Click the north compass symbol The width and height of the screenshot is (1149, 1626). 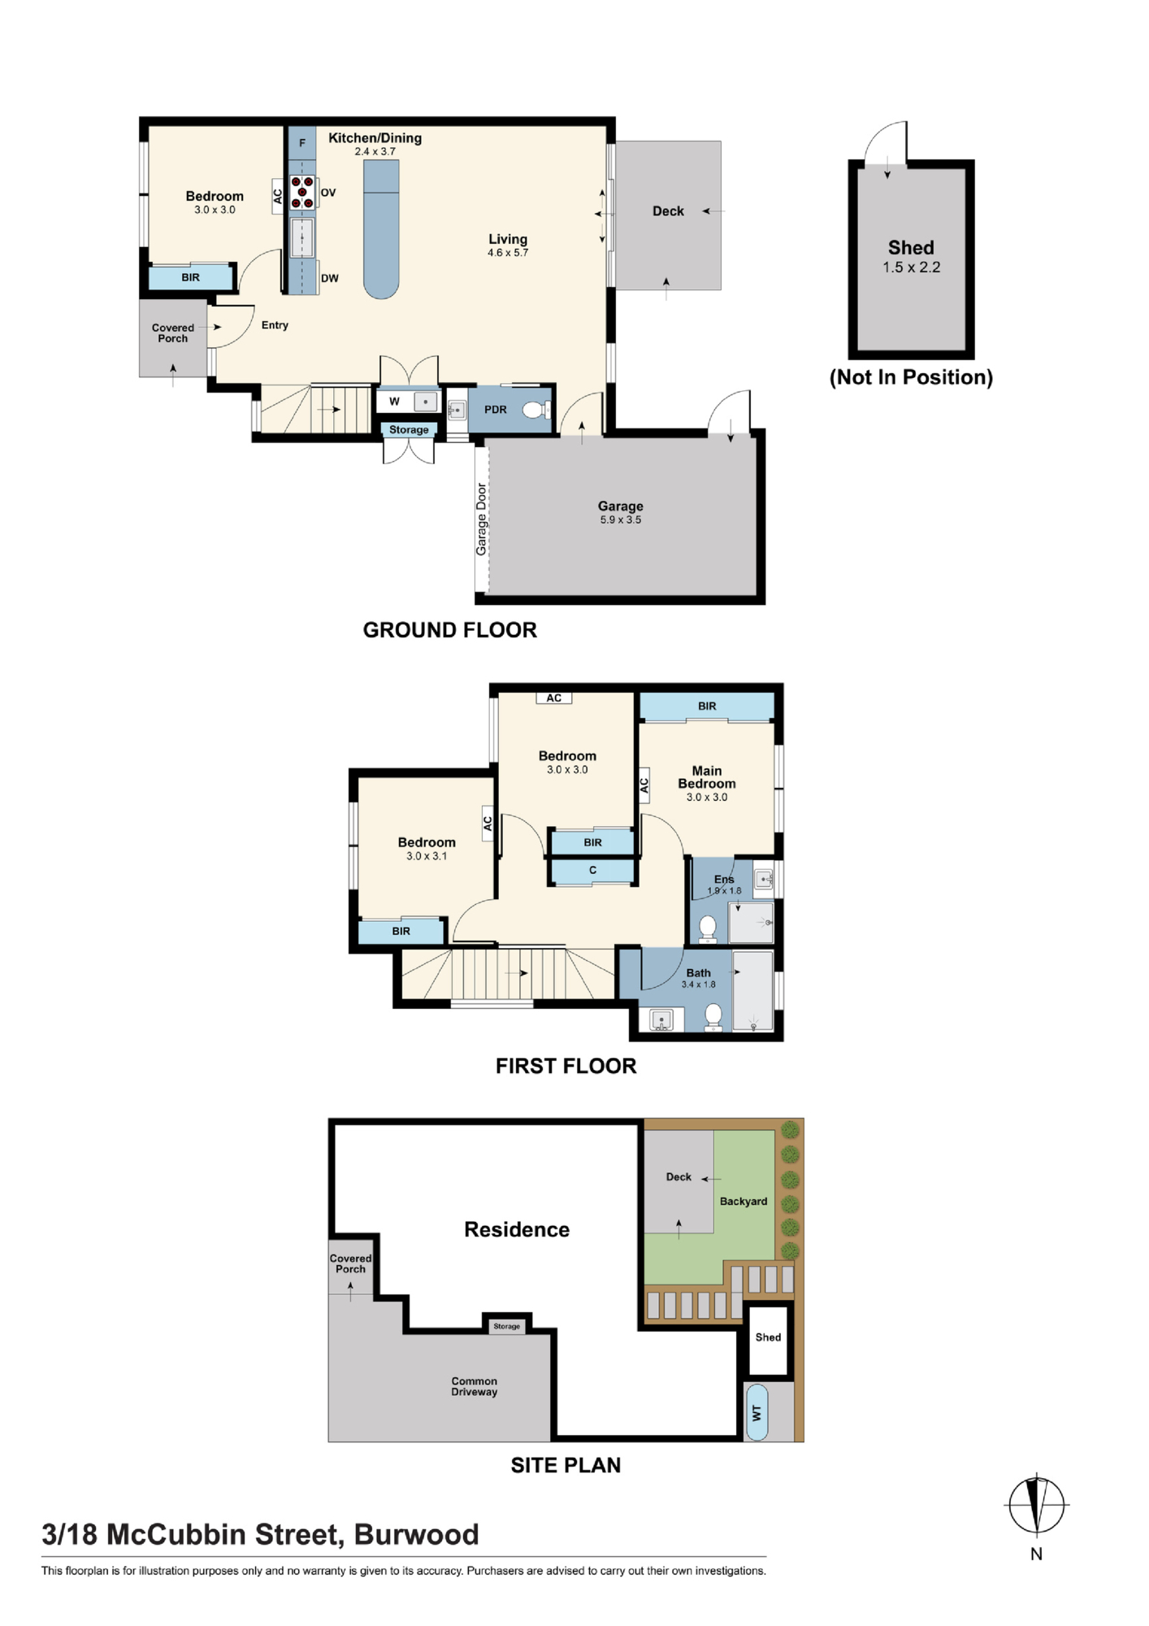(x=1036, y=1505)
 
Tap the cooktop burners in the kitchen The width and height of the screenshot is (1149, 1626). (x=302, y=192)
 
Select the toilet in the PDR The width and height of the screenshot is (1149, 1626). (x=536, y=410)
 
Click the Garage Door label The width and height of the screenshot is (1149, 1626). (x=481, y=520)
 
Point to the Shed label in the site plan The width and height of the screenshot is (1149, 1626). (x=768, y=1337)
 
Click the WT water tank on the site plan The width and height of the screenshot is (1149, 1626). (x=757, y=1412)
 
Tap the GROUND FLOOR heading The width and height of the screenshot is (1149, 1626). (x=449, y=630)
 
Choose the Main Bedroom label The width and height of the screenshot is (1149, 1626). (x=707, y=777)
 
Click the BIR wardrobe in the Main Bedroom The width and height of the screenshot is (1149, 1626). (x=707, y=706)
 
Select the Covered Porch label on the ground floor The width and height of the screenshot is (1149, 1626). (x=172, y=333)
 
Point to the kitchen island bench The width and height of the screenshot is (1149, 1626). (x=381, y=229)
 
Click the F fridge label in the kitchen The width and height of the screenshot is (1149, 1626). (x=302, y=143)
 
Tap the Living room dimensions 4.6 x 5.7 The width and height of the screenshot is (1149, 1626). (x=508, y=253)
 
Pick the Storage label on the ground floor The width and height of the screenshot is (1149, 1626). (x=409, y=430)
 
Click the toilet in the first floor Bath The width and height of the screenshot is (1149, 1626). (x=713, y=1016)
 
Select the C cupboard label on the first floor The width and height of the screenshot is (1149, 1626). (x=593, y=870)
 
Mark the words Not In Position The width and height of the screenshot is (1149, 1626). (x=911, y=377)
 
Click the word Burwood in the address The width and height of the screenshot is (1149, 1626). (x=416, y=1534)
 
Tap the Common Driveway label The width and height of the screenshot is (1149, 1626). (x=475, y=1386)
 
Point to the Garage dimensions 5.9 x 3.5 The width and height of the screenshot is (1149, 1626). (x=621, y=520)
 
